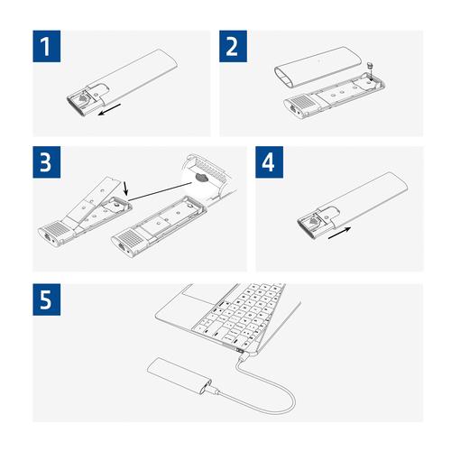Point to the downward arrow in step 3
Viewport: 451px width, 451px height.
(126, 188)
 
